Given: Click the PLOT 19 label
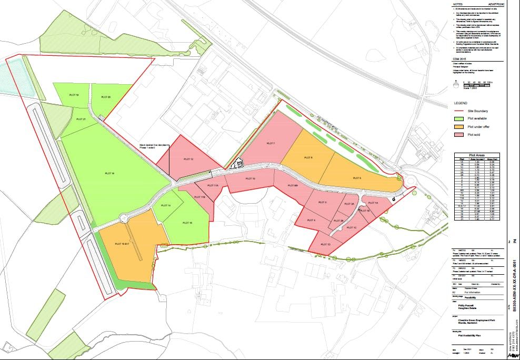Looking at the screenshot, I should pyautogui.click(x=74, y=95).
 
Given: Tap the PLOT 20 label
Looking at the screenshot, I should pyautogui.click(x=106, y=97).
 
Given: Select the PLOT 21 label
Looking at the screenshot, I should pyautogui.click(x=81, y=119).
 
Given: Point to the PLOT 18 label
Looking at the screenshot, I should pyautogui.click(x=110, y=173).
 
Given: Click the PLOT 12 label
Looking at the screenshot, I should pyautogui.click(x=188, y=159).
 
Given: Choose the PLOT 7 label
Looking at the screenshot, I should pyautogui.click(x=271, y=143).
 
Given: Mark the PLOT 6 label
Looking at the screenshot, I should pyautogui.click(x=308, y=157).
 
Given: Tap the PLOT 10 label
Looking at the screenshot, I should pyautogui.click(x=251, y=179).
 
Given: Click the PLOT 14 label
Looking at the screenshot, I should pyautogui.click(x=166, y=205).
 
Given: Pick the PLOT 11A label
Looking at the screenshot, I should pyautogui.click(x=212, y=185).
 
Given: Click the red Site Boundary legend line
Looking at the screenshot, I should pyautogui.click(x=459, y=111).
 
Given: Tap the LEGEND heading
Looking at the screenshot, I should pyautogui.click(x=461, y=103).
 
